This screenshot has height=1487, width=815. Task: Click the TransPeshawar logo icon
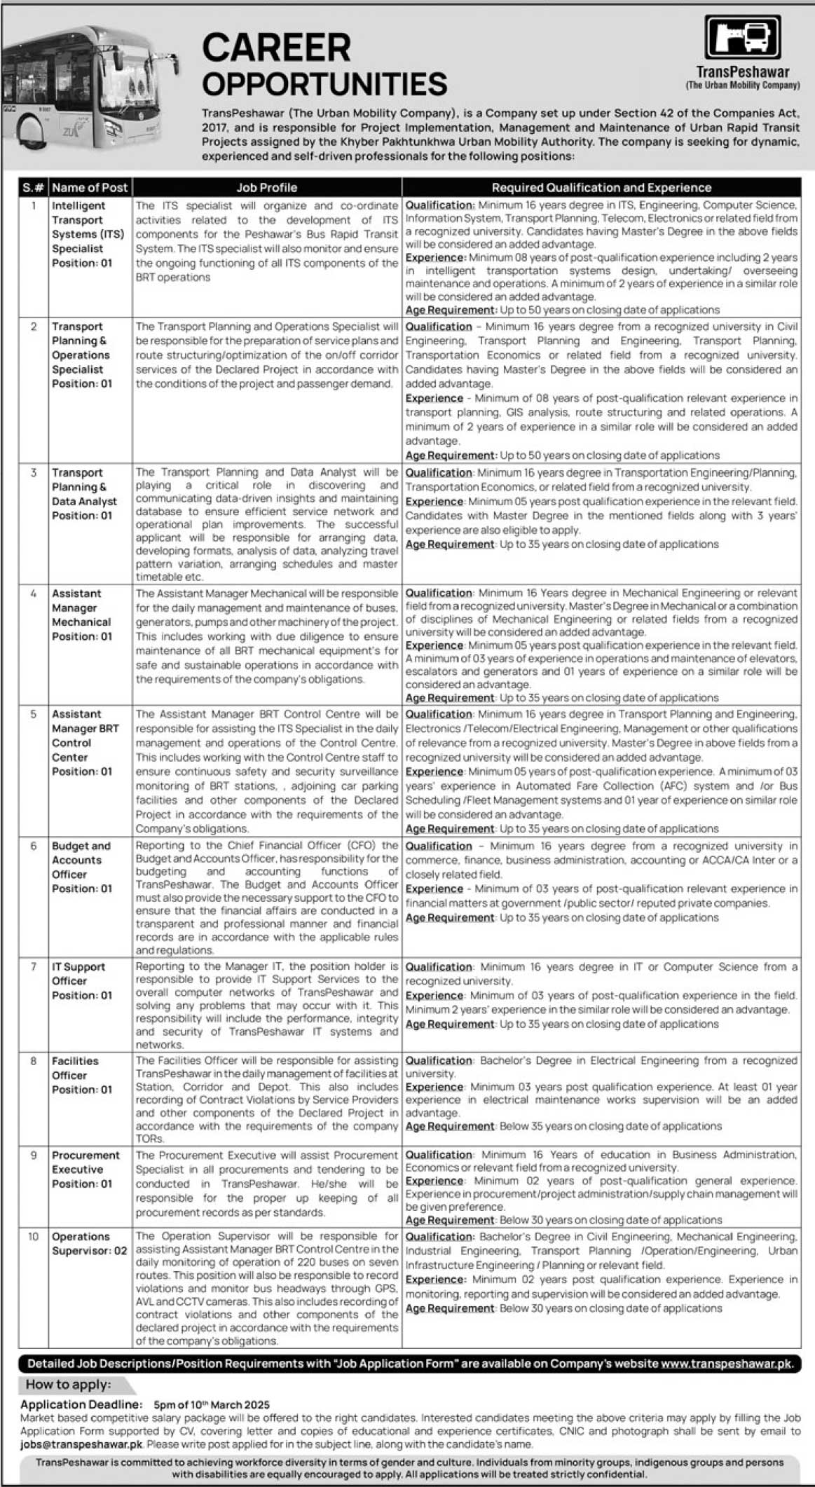742,37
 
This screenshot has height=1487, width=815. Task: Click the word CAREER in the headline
276,48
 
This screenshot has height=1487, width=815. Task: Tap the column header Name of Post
90,187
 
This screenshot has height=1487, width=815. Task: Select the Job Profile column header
266,187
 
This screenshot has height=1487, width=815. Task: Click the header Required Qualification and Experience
601,187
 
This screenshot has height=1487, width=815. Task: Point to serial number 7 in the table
33,966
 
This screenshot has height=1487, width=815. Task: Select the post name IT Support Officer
78,973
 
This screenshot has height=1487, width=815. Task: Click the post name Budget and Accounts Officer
81,860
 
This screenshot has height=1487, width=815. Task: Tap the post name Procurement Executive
85,1162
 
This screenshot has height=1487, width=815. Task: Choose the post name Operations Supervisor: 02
89,1243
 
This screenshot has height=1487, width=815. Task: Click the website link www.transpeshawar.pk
726,1364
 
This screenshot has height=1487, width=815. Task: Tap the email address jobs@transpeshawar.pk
81,1444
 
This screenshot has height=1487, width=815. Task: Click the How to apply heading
68,1384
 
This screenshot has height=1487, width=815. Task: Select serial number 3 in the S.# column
33,472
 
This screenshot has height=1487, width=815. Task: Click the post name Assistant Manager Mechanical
81,608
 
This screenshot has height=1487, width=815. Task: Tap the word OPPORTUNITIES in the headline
324,84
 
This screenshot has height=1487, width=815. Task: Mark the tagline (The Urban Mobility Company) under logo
742,85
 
